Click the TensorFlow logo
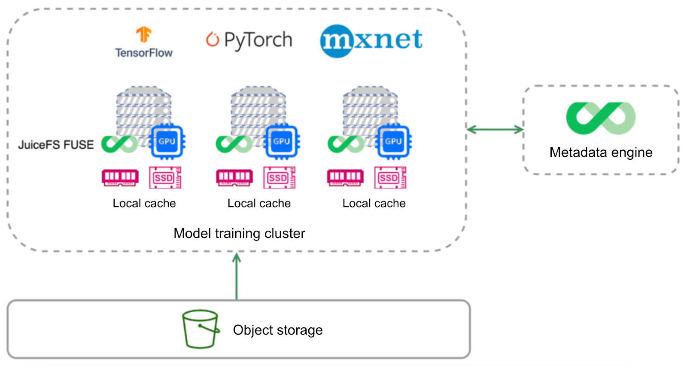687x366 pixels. coord(143,42)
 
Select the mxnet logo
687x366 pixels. coord(371,40)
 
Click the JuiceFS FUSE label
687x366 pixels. coord(56,145)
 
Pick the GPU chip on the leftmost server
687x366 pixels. coord(167,141)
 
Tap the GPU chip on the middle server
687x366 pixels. coord(282,141)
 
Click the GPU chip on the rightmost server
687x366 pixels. coord(393,141)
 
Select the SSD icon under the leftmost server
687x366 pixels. coord(165,178)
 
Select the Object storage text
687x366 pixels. coord(278,330)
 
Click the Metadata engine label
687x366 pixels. coord(601,152)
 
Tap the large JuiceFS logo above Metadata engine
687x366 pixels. coord(601,118)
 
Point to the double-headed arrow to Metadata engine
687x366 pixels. coord(495,129)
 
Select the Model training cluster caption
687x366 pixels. coord(239,233)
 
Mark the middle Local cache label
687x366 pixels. coord(259,203)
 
